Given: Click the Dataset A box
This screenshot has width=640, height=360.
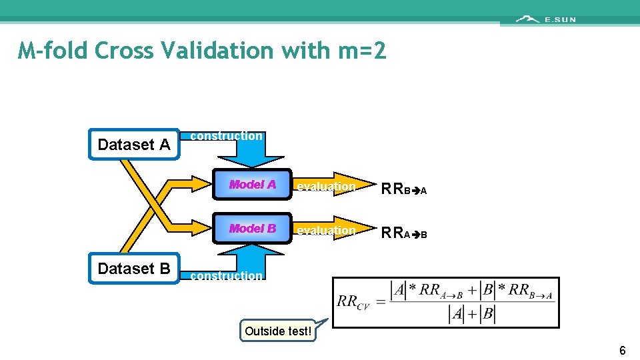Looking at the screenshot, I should [134, 145].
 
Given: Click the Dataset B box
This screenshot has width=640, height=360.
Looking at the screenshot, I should [134, 269].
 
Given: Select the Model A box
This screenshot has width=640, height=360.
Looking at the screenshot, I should [253, 185].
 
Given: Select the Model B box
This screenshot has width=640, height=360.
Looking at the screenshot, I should [253, 229].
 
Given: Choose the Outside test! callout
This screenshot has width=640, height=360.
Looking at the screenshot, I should [278, 331].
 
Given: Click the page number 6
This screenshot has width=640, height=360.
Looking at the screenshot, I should [622, 351].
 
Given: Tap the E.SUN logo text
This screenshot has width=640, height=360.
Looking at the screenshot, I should [560, 19].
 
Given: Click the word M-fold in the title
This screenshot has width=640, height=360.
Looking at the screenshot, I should [53, 51].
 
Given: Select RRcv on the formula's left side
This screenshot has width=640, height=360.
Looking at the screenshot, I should [354, 301].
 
